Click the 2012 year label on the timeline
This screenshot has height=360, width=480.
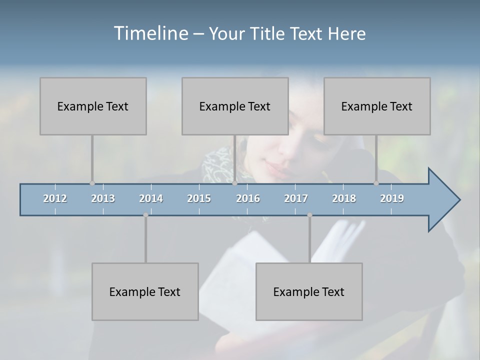point(55,198)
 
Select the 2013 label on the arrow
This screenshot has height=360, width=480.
point(103,198)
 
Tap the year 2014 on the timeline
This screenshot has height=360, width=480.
point(151,198)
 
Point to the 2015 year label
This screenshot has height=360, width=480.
point(199,198)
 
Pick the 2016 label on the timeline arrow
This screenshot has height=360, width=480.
point(248,198)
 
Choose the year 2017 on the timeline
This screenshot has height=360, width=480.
point(296,198)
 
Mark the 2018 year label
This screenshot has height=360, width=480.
point(344,198)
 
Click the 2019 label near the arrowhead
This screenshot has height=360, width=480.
point(392,198)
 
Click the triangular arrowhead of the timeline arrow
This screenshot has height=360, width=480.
point(442,200)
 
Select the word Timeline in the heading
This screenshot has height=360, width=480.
point(150,33)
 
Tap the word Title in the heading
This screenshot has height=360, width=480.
point(268,34)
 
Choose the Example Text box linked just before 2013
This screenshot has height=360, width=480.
point(93,106)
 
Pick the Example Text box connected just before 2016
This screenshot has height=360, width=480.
point(235,106)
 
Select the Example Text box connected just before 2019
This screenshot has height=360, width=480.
point(377,106)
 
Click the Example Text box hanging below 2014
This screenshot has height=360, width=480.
point(145,291)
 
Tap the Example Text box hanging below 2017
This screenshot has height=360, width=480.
point(309,291)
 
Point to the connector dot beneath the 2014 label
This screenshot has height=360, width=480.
point(145,215)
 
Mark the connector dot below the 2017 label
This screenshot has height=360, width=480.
point(309,215)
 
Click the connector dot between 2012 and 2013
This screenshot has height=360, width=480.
point(92,183)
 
